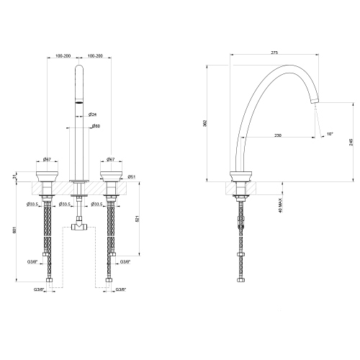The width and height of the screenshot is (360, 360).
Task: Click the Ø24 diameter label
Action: [x=94, y=114]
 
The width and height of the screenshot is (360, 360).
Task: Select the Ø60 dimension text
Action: [x=95, y=127]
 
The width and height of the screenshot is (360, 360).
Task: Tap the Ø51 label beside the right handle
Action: [x=132, y=176]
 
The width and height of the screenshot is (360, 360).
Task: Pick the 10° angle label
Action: [x=329, y=133]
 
